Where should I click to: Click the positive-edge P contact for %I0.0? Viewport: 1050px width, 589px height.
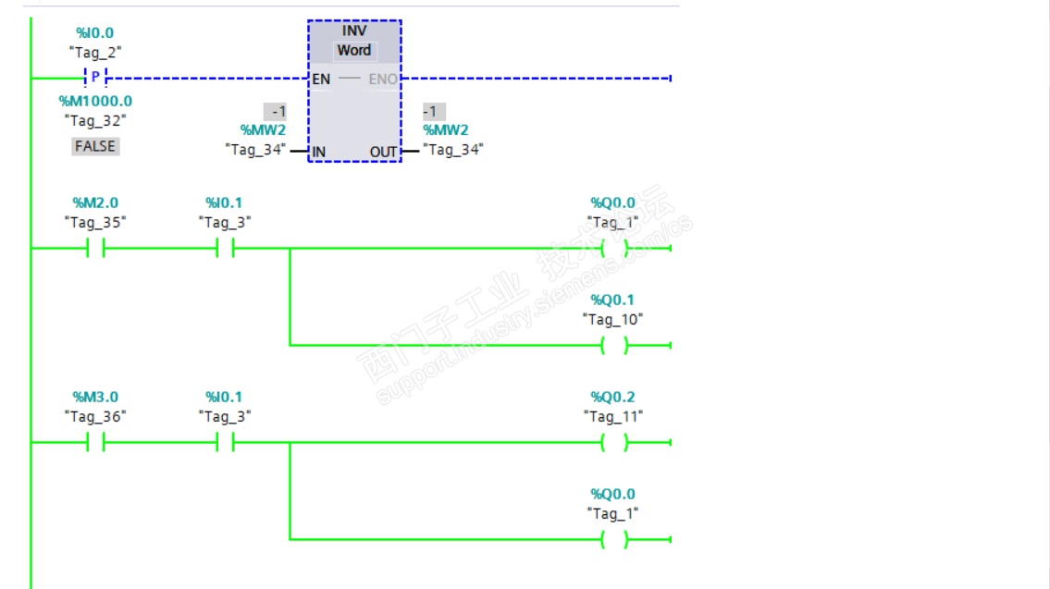pos(94,78)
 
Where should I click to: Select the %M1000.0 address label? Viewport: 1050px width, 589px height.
pos(95,101)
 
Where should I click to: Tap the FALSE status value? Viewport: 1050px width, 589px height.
pos(95,146)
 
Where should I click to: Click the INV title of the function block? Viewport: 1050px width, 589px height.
pos(354,31)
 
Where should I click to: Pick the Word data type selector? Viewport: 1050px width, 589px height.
pos(354,51)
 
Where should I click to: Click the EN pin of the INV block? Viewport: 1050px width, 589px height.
pos(321,80)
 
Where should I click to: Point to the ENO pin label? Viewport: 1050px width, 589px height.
pos(383,80)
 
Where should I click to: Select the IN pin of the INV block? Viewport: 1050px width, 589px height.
pos(319,152)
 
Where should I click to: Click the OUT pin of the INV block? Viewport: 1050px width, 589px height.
pos(383,152)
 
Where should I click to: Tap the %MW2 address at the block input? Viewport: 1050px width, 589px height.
pos(263,130)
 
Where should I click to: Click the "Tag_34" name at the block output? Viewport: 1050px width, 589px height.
pos(453,150)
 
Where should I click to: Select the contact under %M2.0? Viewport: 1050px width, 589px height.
pos(95,249)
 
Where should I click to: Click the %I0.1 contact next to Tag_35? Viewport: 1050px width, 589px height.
pos(225,249)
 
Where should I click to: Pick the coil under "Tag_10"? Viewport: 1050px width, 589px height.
pos(613,346)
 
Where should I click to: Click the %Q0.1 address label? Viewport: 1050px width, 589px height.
pos(612,301)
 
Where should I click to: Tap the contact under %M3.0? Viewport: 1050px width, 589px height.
pos(95,443)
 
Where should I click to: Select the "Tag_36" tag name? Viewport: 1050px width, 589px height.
pos(95,417)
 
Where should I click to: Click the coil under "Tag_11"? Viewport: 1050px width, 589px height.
pos(613,443)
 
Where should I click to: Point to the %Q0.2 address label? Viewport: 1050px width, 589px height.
pos(612,398)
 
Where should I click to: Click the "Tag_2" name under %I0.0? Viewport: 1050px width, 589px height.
pos(95,53)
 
